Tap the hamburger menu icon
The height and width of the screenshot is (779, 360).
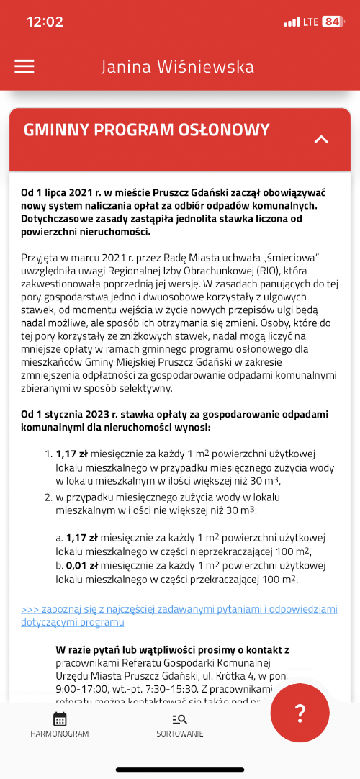tap(24, 66)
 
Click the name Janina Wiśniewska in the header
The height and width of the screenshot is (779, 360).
tap(177, 67)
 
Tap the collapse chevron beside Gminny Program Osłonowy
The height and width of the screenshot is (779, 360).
tap(321, 139)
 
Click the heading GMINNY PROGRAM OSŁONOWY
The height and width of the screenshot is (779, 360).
tap(147, 130)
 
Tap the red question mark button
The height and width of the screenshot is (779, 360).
tap(300, 713)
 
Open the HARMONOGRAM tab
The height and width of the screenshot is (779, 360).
tap(60, 724)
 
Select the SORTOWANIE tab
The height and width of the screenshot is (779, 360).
tap(180, 724)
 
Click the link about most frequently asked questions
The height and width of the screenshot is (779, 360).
tap(179, 616)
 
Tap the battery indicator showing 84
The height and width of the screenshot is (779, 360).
tap(333, 22)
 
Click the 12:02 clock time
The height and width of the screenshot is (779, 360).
tap(45, 22)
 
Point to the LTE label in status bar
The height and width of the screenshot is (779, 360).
tap(311, 22)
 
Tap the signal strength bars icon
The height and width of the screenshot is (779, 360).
tap(292, 22)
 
